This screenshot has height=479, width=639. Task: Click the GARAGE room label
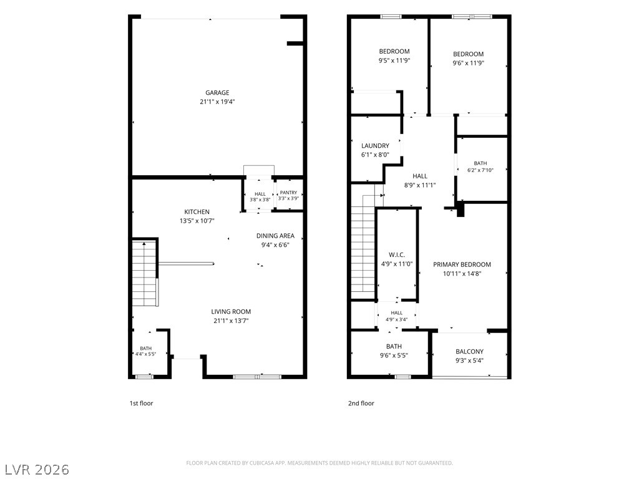pyautogui.click(x=217, y=93)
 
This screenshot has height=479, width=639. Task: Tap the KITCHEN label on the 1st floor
pyautogui.click(x=197, y=212)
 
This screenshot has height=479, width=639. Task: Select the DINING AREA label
pyautogui.click(x=275, y=236)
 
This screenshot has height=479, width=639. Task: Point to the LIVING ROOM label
pyautogui.click(x=231, y=312)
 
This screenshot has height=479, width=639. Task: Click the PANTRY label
pyautogui.click(x=288, y=193)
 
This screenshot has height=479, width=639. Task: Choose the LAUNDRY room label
pyautogui.click(x=375, y=146)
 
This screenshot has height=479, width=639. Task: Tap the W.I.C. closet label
pyautogui.click(x=396, y=255)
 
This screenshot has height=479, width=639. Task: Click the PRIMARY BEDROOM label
pyautogui.click(x=462, y=264)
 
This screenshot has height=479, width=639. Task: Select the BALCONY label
pyautogui.click(x=469, y=352)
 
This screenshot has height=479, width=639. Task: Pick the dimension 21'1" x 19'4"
pyautogui.click(x=217, y=102)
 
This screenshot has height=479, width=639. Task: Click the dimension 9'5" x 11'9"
pyautogui.click(x=394, y=60)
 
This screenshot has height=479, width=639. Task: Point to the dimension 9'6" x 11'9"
pyautogui.click(x=468, y=63)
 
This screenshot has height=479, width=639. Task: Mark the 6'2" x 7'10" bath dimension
pyautogui.click(x=480, y=170)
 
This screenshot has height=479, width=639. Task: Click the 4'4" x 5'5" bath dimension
pyautogui.click(x=146, y=354)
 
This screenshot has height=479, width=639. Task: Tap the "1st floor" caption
pyautogui.click(x=141, y=404)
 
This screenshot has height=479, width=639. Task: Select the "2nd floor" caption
pyautogui.click(x=361, y=404)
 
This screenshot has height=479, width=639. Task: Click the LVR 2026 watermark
pyautogui.click(x=36, y=470)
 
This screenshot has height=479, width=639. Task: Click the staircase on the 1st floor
pyautogui.click(x=145, y=273)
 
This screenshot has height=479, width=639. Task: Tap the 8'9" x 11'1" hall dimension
pyautogui.click(x=420, y=185)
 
